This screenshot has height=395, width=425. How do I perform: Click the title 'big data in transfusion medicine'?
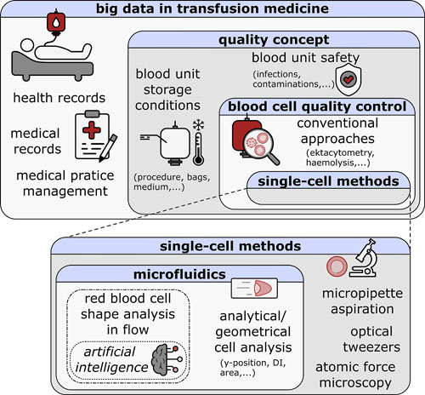click(x=212, y=11)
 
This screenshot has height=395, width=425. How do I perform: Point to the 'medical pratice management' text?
click(x=61, y=176)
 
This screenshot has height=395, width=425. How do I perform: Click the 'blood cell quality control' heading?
click(x=313, y=106)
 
